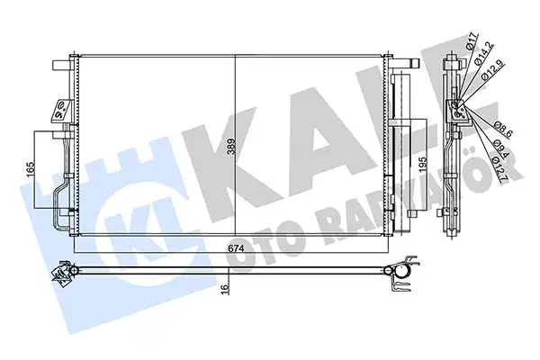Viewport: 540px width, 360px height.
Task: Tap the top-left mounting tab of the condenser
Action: tap(60, 66)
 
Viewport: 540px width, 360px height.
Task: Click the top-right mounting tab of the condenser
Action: tap(407, 66)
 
